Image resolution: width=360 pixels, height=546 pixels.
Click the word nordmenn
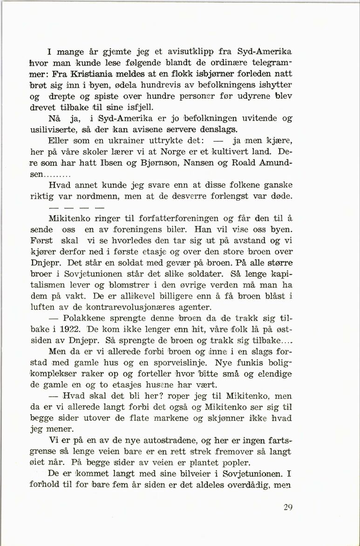[102, 196]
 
